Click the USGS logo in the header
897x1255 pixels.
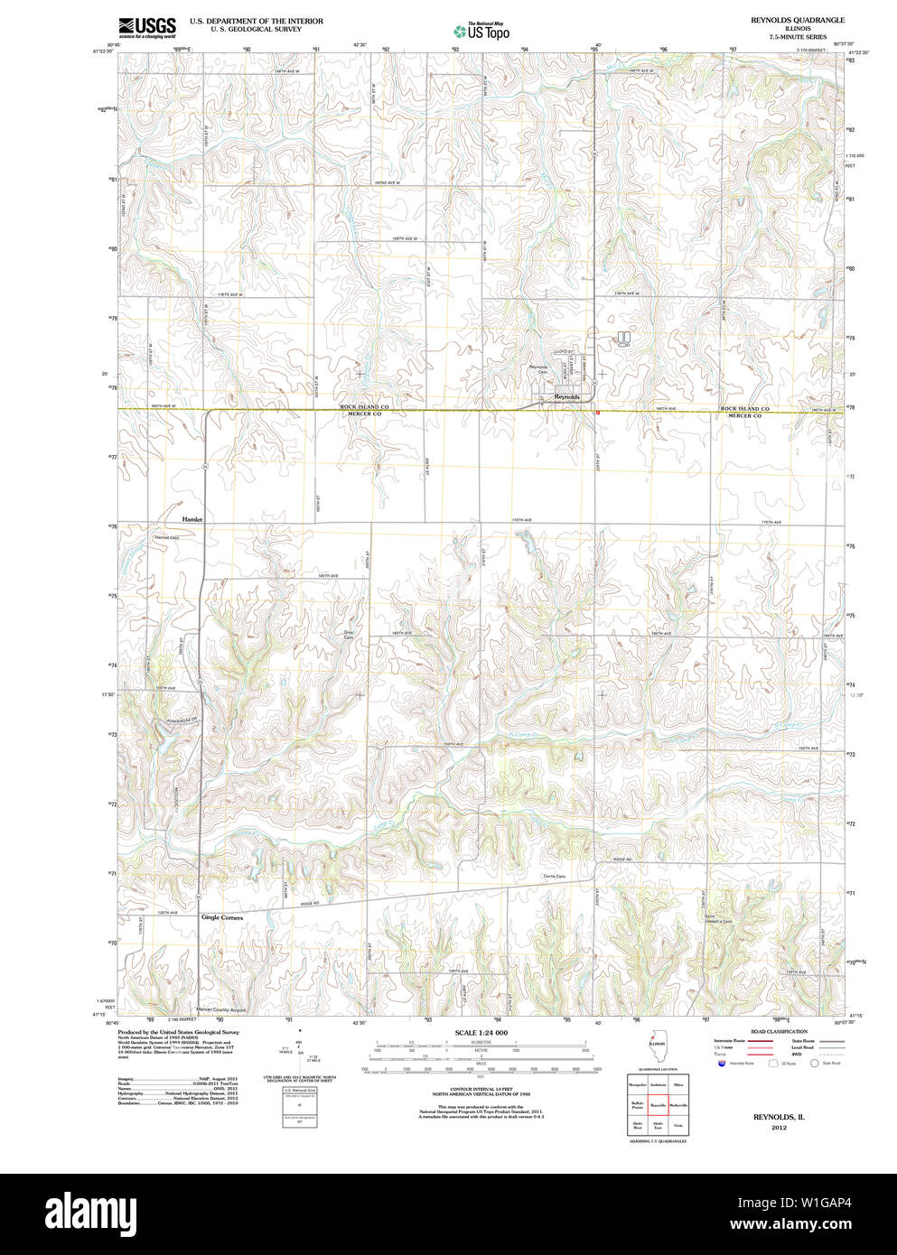coord(146,26)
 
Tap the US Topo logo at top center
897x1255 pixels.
coord(481,31)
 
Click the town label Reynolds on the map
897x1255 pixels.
coord(566,396)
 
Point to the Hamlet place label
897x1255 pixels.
coord(192,519)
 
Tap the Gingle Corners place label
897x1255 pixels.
coord(221,917)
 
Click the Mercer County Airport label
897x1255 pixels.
coord(220,1009)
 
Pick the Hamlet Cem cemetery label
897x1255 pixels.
coord(167,537)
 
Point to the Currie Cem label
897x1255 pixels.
coord(554,877)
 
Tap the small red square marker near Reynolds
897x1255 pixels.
coord(597,412)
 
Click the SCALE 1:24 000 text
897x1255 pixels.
coord(481,1033)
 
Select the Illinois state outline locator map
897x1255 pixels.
coord(656,1051)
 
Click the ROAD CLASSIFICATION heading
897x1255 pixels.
coord(779,1031)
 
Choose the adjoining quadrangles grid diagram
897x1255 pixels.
coord(658,1104)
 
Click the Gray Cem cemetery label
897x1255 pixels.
coord(348,635)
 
